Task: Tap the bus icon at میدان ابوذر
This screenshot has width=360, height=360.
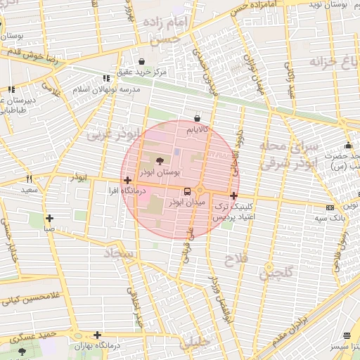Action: (x=187, y=191)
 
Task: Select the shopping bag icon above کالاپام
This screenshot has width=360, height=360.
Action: (x=197, y=119)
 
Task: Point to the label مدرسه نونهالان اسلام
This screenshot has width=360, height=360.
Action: (x=110, y=90)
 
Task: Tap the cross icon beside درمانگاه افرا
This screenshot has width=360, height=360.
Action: (x=127, y=181)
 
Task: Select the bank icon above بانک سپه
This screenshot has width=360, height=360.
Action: (x=330, y=207)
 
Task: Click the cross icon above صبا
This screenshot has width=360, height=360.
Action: (x=49, y=218)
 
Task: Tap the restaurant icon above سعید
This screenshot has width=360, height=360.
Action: (x=29, y=179)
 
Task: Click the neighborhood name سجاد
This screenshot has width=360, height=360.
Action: (x=119, y=252)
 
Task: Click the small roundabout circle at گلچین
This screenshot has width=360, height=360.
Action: (x=269, y=267)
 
